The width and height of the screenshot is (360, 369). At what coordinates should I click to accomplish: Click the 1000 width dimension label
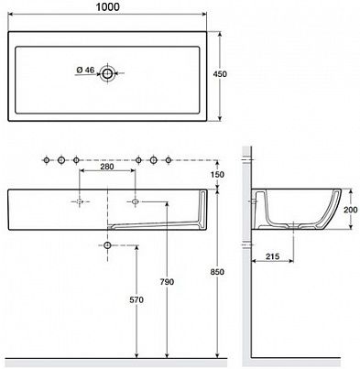pyautogui.click(x=108, y=6)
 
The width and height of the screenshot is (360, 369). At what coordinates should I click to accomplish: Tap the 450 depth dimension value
pyautogui.click(x=220, y=74)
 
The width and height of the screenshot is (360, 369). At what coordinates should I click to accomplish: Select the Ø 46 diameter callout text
pyautogui.click(x=85, y=70)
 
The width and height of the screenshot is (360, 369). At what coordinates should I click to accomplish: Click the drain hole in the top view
pyautogui.click(x=107, y=73)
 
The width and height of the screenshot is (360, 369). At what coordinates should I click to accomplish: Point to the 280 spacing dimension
pyautogui.click(x=107, y=167)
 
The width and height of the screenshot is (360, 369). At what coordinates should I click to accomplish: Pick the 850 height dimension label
pyautogui.click(x=217, y=272)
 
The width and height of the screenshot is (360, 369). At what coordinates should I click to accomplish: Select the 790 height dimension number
pyautogui.click(x=167, y=282)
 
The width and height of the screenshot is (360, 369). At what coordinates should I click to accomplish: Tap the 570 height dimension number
pyautogui.click(x=136, y=300)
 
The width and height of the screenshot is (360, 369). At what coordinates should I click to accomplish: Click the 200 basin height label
pyautogui.click(x=351, y=210)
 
